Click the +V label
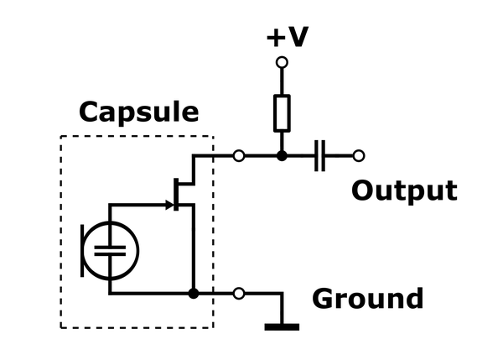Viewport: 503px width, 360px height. click(288, 37)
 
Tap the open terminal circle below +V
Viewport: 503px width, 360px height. click(282, 62)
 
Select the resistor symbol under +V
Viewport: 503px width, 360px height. click(282, 113)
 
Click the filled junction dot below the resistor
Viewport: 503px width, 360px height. click(282, 156)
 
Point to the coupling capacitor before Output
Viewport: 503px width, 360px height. click(319, 156)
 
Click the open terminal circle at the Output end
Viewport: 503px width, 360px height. click(359, 156)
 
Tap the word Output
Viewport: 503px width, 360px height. click(404, 191)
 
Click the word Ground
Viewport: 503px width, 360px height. click(368, 299)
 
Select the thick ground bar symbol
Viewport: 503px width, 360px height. click(282, 327)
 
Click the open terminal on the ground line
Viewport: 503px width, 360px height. click(239, 294)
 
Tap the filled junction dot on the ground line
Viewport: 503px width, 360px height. click(194, 294)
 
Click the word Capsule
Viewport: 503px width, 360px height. click(138, 112)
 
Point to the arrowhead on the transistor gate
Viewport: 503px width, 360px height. click(169, 205)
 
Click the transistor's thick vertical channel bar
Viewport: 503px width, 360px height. click(176, 195)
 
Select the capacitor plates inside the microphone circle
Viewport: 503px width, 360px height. click(110, 251)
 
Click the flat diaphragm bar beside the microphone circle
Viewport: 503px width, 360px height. click(82, 251)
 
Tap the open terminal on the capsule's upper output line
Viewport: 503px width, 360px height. click(239, 156)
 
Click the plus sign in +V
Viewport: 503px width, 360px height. click(275, 38)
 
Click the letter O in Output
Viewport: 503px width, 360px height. click(362, 190)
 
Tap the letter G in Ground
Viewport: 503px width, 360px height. click(323, 299)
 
